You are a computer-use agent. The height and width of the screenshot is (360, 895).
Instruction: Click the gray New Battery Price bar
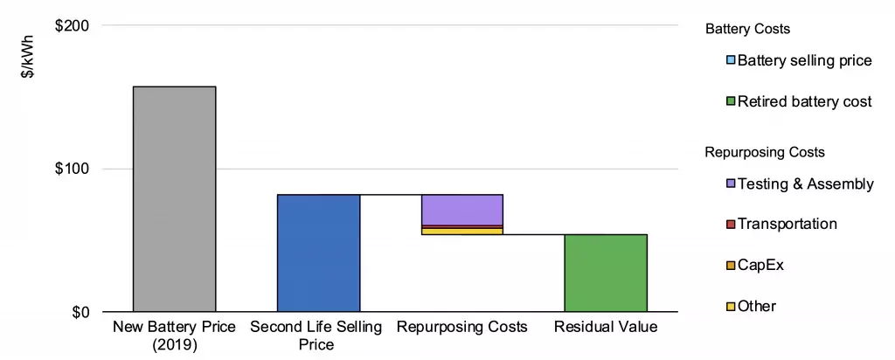coord(174,199)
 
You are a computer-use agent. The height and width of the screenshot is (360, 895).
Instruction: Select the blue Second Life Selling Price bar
coord(318,253)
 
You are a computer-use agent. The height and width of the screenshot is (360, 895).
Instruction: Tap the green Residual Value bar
coord(605,273)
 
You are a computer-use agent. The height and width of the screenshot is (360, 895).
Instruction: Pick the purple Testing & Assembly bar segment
coord(461,210)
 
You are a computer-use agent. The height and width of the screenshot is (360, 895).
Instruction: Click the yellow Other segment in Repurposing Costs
coord(461,231)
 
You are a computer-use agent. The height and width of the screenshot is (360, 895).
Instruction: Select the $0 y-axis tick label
coord(79,312)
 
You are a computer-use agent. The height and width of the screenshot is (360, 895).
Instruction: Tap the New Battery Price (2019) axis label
coord(174,336)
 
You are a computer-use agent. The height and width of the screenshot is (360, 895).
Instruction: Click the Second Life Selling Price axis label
coord(316,336)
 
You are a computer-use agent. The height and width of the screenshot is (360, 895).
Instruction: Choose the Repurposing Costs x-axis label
coord(461,328)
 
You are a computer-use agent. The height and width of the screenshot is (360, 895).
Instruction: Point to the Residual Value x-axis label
coord(605,328)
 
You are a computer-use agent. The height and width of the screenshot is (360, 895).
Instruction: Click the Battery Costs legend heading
coord(747,30)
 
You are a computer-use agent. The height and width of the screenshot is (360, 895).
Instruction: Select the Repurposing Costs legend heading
coord(765,152)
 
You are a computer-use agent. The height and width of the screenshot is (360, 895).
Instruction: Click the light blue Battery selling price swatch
coord(731,61)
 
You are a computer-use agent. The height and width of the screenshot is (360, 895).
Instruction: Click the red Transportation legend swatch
coord(731,225)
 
